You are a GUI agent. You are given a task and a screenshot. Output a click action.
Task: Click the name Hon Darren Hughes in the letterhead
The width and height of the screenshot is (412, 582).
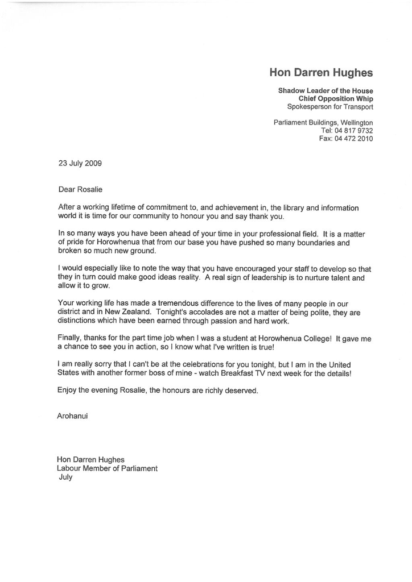pyautogui.click(x=321, y=73)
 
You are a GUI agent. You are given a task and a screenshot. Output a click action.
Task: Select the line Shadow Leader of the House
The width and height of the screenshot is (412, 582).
pyautogui.click(x=326, y=91)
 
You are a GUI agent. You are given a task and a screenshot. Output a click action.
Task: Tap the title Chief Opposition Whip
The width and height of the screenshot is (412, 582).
pyautogui.click(x=336, y=99)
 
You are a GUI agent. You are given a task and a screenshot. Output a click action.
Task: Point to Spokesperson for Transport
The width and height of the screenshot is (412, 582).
pyautogui.click(x=330, y=107)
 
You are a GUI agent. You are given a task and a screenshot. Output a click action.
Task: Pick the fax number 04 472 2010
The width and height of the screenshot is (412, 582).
pyautogui.click(x=354, y=139)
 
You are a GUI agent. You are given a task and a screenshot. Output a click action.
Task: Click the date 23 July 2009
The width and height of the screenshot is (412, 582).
pyautogui.click(x=80, y=163)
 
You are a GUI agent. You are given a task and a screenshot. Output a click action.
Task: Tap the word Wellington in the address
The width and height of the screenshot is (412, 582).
pyautogui.click(x=356, y=123)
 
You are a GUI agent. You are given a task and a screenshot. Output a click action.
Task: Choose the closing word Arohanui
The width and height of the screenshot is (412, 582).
pyautogui.click(x=72, y=416)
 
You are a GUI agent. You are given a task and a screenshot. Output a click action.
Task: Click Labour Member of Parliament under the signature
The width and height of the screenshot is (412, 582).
pyautogui.click(x=107, y=469)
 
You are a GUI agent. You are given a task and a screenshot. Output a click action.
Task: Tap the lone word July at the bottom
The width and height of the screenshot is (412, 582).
pyautogui.click(x=66, y=478)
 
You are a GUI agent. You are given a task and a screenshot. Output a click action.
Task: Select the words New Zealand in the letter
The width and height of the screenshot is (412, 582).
pyautogui.click(x=127, y=312)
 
